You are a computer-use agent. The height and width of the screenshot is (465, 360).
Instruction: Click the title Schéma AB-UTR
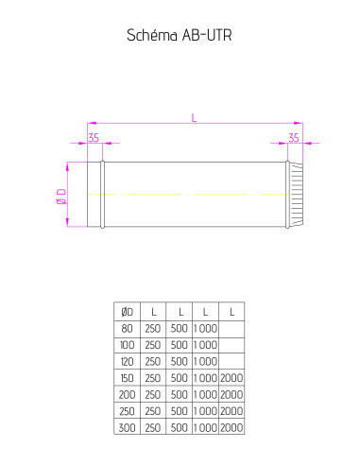pos(180,36)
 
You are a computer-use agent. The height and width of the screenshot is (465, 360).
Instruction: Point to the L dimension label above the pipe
pos(194,117)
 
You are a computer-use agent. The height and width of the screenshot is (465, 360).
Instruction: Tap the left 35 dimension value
pos(94,137)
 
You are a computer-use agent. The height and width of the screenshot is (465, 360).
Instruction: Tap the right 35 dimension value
pos(294,137)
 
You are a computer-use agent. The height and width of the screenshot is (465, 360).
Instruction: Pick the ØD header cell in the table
pos(128,311)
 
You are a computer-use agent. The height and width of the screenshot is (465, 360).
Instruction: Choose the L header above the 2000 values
pos(231,311)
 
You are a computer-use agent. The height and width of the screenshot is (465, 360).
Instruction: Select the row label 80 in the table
pos(128,328)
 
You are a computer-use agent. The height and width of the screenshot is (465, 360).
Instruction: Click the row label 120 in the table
pos(128,361)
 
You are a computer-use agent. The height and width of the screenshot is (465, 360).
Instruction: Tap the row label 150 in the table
pos(128,377)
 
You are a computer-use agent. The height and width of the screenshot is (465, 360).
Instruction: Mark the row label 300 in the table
pos(128,427)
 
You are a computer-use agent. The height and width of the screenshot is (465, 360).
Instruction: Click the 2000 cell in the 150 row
pos(231,377)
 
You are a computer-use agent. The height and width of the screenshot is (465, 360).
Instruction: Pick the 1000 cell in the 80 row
pos(204,328)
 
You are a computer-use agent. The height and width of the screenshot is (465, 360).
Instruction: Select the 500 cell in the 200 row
pos(179,394)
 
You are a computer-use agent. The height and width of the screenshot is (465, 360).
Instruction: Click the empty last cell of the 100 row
pos(231,344)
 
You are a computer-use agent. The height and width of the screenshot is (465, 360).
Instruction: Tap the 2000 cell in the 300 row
pos(231,427)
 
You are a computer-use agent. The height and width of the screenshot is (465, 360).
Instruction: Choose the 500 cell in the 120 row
pos(179,361)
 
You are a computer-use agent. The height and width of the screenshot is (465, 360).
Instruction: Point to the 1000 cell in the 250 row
pos(204,410)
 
